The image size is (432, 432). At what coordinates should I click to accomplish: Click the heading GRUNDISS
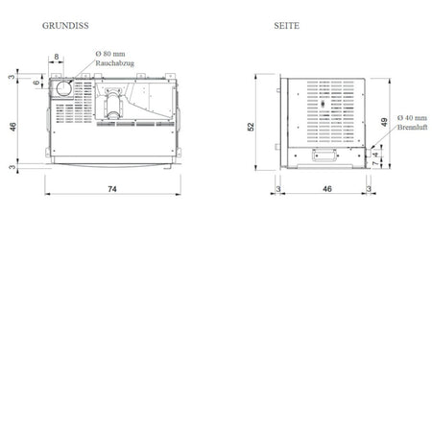(65, 26)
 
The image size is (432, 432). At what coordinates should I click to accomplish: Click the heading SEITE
(286, 26)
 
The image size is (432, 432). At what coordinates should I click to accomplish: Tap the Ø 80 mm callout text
(110, 54)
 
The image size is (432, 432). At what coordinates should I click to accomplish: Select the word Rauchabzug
(114, 63)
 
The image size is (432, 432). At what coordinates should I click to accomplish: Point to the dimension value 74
(112, 189)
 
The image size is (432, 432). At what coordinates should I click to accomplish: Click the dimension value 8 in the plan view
(57, 57)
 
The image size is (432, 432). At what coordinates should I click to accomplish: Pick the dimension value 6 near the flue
(36, 83)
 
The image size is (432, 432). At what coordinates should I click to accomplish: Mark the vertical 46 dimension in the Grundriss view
(12, 127)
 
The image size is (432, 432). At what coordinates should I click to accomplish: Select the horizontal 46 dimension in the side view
(327, 189)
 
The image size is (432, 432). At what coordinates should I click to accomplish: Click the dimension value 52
(251, 127)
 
